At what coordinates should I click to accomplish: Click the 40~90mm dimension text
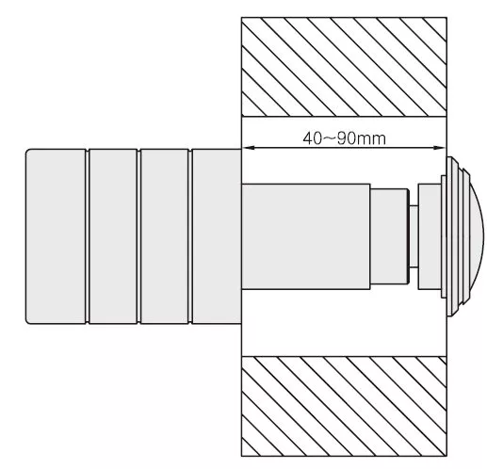tap(344, 138)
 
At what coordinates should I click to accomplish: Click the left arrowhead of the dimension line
tap(248, 148)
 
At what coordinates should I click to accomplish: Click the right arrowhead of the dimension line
tap(440, 148)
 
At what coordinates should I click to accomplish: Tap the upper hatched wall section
tap(344, 67)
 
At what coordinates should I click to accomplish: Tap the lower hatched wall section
tap(344, 406)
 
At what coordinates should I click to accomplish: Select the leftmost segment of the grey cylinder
tap(56, 236)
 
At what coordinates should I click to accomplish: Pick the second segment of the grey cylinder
tap(113, 236)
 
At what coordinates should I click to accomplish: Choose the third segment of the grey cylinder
tap(165, 236)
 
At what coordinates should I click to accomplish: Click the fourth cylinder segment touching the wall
tap(217, 236)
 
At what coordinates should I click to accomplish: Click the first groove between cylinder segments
tap(88, 236)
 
